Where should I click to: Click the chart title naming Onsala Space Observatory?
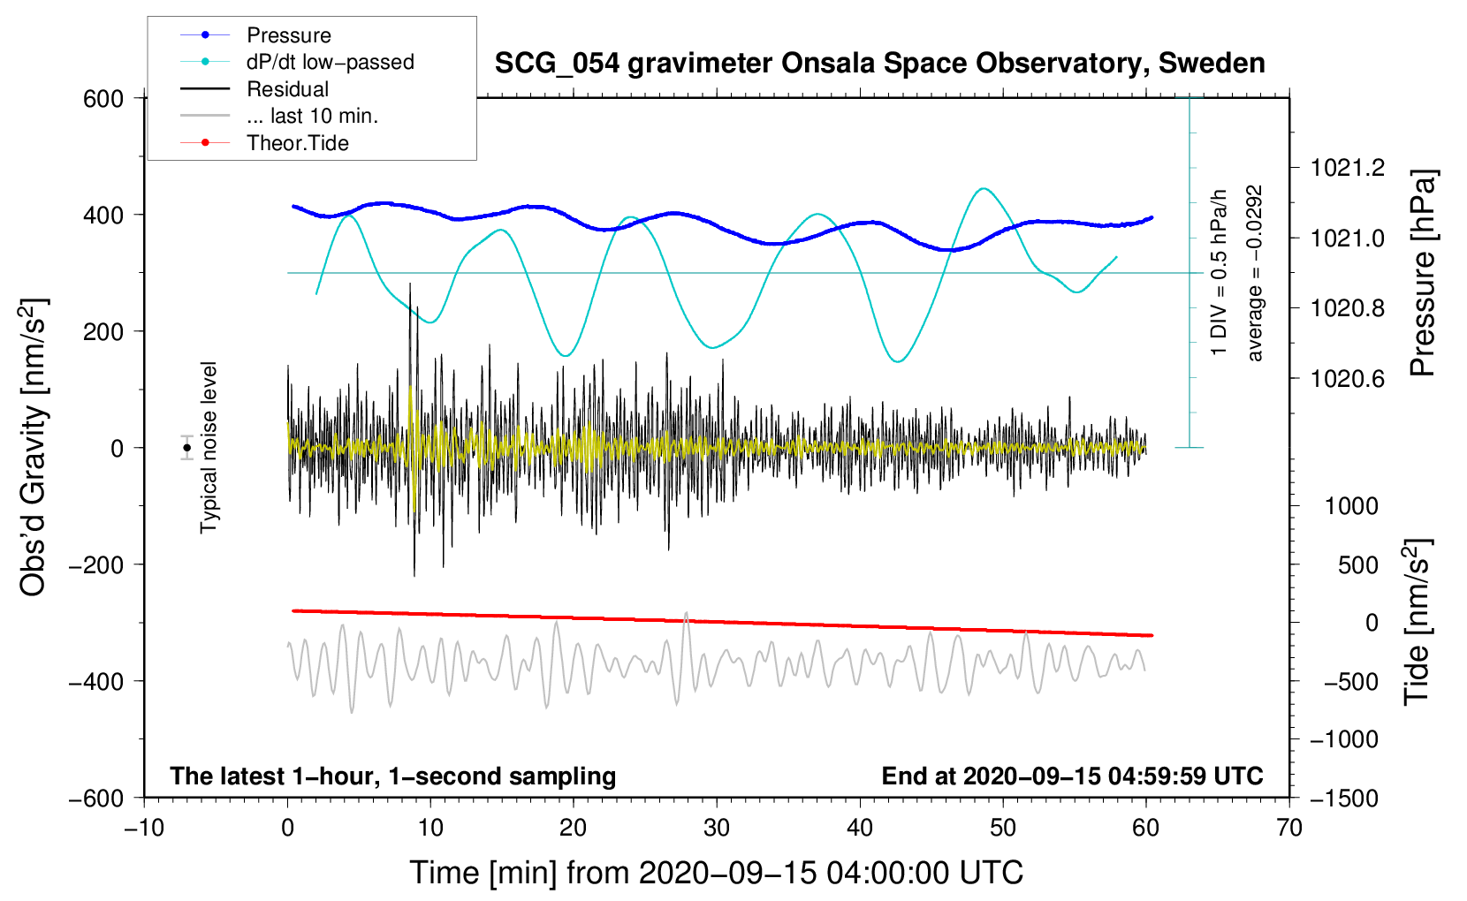pyautogui.click(x=879, y=64)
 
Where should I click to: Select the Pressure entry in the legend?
pyautogui.click(x=288, y=35)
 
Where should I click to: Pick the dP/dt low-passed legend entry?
pyautogui.click(x=330, y=62)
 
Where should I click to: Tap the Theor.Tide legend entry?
pyautogui.click(x=297, y=143)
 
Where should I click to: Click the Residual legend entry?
pyautogui.click(x=287, y=89)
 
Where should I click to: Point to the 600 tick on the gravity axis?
pyautogui.click(x=103, y=98)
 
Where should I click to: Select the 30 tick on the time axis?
pyautogui.click(x=717, y=828)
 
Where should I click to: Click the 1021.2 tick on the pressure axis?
pyautogui.click(x=1348, y=168)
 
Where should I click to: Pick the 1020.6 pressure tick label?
pyautogui.click(x=1348, y=379)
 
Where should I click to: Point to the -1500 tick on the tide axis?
pyautogui.click(x=1343, y=798)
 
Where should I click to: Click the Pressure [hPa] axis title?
pyautogui.click(x=1423, y=274)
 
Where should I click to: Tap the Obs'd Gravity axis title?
pyautogui.click(x=34, y=448)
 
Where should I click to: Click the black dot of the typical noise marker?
pyautogui.click(x=187, y=448)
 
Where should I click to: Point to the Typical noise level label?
pyautogui.click(x=209, y=448)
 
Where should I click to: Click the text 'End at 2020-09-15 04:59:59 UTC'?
pyautogui.click(x=1072, y=776)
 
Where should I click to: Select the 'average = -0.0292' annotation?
pyautogui.click(x=1255, y=274)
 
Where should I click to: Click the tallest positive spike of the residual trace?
pyautogui.click(x=410, y=284)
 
